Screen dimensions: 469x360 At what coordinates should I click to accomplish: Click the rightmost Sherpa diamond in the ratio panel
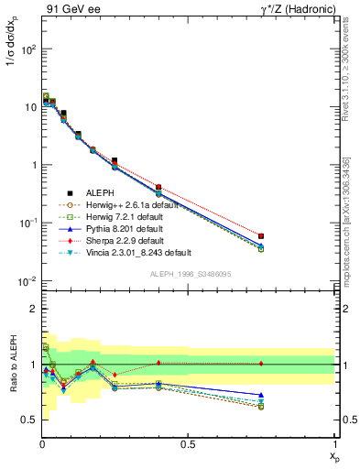click(261, 364)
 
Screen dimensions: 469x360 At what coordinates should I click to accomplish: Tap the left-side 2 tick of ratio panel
click(32, 309)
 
